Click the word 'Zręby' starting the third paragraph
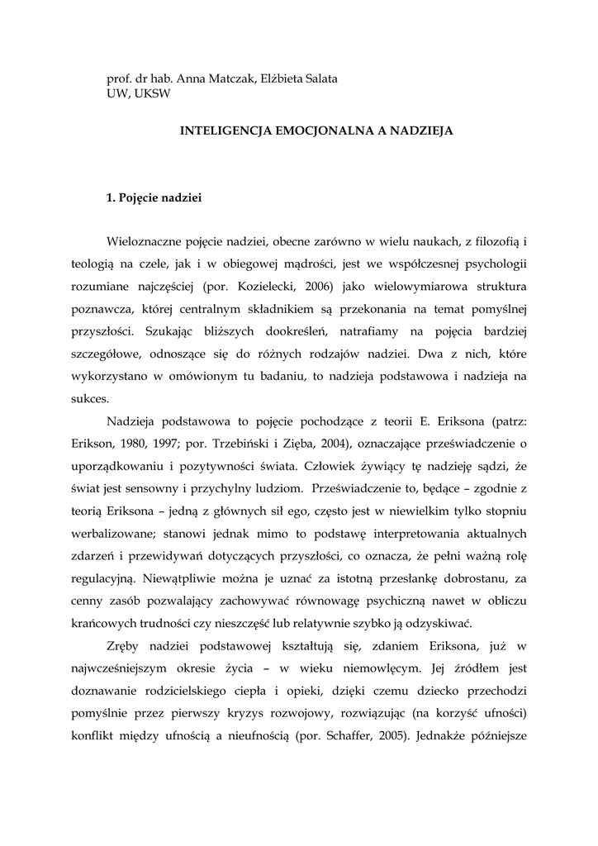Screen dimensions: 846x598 click(126, 645)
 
